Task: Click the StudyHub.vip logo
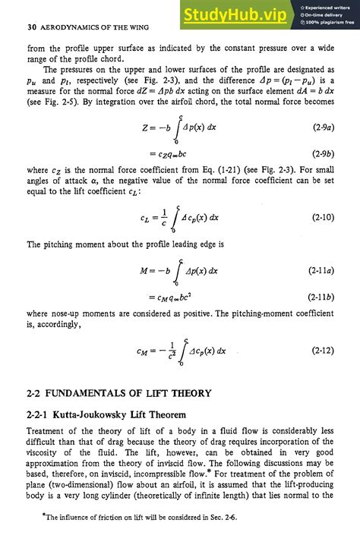tap(234, 14)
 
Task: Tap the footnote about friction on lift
tap(133, 538)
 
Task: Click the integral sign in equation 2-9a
tap(175, 128)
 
